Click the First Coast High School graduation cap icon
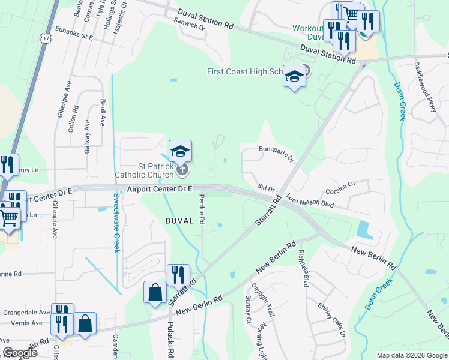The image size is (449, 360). (294, 77)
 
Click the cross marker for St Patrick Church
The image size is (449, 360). (182, 171)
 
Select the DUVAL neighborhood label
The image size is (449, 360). (180, 221)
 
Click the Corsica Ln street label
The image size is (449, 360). (340, 188)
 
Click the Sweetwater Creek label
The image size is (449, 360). (116, 223)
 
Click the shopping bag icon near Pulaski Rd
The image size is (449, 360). (155, 293)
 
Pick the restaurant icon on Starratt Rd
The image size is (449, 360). (178, 275)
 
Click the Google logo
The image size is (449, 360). (20, 353)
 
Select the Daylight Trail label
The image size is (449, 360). (262, 300)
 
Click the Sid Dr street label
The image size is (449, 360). (266, 188)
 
